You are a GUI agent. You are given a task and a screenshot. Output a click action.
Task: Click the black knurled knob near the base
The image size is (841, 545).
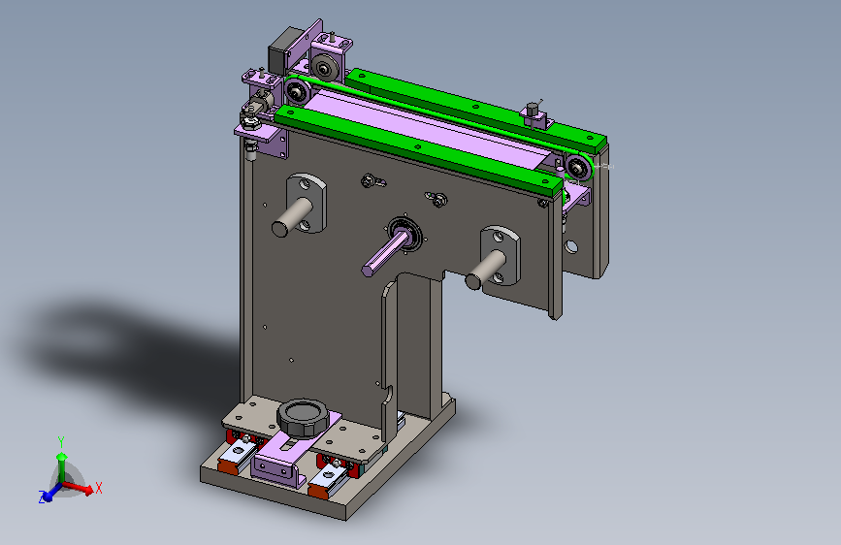click(302, 417)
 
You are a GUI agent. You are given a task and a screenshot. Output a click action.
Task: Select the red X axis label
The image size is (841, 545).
click(99, 488)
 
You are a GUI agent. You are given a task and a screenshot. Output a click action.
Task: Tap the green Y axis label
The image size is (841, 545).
click(61, 442)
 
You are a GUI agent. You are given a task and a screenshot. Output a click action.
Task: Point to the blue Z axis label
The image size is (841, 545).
click(42, 497)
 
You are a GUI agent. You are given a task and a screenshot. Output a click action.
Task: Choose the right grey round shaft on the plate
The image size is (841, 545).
click(485, 271)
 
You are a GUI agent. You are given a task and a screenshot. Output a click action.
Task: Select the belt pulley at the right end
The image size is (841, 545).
click(578, 169)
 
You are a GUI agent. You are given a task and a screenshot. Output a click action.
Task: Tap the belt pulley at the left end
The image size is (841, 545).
click(297, 92)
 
